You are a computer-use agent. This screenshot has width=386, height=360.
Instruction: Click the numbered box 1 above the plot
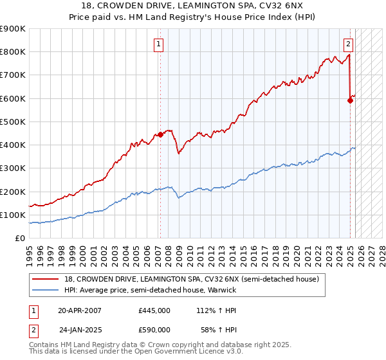tap(158, 44)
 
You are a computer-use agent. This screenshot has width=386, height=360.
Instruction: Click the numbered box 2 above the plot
tap(348, 44)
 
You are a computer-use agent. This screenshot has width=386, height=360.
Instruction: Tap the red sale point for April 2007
tap(160, 134)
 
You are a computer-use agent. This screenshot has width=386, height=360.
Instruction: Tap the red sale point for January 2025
tap(351, 100)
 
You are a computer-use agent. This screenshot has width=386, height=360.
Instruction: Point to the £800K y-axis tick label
tap(13, 52)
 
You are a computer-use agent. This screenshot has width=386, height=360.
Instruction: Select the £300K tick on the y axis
tap(13, 168)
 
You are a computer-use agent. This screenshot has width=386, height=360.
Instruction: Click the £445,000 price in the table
tap(154, 310)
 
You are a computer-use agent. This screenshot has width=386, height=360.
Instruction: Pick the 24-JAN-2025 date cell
tap(80, 329)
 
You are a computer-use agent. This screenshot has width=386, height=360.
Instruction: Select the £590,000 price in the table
tap(154, 329)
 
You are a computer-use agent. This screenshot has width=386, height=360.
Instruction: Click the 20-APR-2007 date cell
tap(80, 310)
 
